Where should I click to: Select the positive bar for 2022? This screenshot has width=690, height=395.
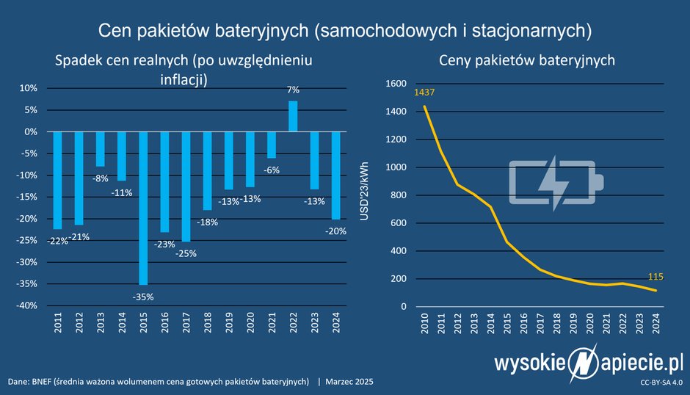293,116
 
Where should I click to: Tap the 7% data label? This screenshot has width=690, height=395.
293,90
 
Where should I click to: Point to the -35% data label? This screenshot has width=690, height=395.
143,297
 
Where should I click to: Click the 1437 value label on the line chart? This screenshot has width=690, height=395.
424,93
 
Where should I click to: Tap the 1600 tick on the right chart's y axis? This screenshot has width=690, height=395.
396,84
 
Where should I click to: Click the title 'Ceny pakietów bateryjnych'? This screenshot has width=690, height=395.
526,60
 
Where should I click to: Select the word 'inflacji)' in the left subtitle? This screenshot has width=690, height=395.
184,80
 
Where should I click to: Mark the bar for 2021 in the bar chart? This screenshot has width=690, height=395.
272,145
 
